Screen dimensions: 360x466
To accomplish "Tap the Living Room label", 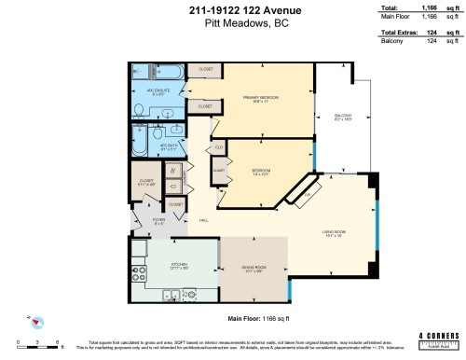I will [336, 233].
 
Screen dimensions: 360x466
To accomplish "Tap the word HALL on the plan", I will [203, 221].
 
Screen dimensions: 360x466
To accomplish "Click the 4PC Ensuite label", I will [156, 91].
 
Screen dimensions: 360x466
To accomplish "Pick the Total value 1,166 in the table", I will [429, 7].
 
